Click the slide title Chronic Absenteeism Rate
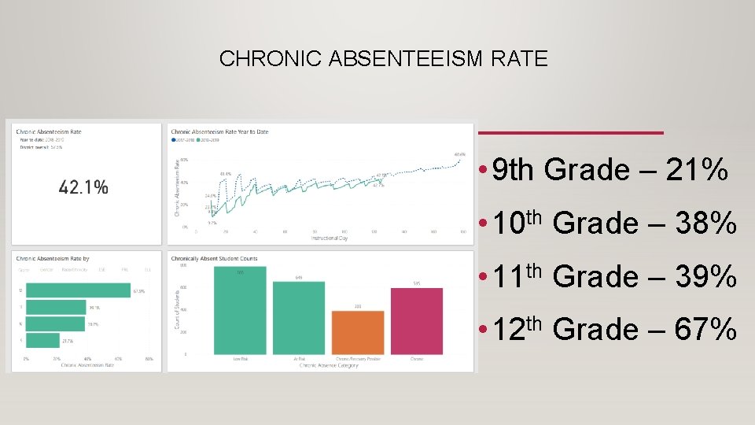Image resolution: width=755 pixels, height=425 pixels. [x=384, y=59]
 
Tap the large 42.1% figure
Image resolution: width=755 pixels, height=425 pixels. [x=83, y=187]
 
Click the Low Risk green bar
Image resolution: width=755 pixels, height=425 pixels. [x=240, y=311]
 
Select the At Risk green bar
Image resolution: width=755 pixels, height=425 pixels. [x=299, y=318]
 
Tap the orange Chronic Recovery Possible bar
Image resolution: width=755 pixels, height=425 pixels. [x=358, y=332]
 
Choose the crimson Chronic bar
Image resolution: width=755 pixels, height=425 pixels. [x=416, y=321]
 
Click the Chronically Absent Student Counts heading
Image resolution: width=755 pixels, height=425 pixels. [x=214, y=259]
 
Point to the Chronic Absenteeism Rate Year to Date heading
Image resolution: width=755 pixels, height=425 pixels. [x=219, y=131]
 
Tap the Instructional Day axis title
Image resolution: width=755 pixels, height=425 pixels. [x=330, y=238]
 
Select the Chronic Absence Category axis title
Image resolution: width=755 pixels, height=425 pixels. [x=328, y=365]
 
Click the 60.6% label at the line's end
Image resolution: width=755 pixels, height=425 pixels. [x=460, y=154]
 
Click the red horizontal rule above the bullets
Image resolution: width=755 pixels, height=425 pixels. [x=571, y=131]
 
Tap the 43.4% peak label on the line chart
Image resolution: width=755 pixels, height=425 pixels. [x=225, y=174]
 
